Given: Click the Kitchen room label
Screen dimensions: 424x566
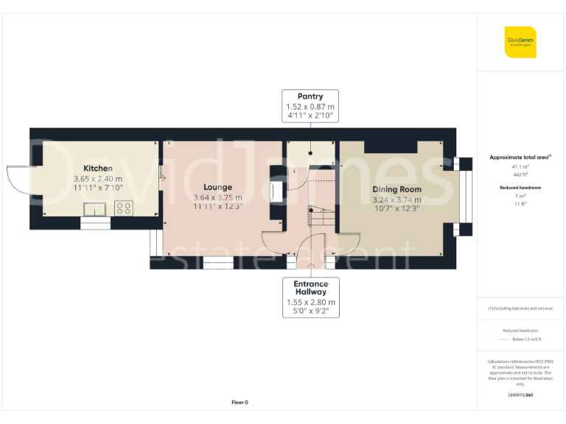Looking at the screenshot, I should [98, 169].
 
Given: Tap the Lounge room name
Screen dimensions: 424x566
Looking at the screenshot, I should [217, 187].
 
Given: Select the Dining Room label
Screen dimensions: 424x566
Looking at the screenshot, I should [396, 189].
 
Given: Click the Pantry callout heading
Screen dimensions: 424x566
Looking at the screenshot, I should [310, 96].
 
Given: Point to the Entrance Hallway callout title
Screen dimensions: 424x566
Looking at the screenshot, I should [310, 288].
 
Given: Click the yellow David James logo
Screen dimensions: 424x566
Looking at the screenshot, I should [520, 42].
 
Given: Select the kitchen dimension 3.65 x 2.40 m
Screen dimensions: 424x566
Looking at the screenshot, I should [98, 179].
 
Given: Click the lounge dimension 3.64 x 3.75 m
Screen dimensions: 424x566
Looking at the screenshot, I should [217, 197].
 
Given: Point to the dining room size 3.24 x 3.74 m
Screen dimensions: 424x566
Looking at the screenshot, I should [396, 199].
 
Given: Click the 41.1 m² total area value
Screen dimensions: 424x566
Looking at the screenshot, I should [520, 167].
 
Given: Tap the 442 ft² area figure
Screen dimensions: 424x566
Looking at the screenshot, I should [520, 174].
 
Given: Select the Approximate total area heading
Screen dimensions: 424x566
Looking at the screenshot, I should [520, 158].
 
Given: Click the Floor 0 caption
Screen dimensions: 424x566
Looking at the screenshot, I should [240, 402].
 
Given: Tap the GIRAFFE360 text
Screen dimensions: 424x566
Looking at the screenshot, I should [520, 395].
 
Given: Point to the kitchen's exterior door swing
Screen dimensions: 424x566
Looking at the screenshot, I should [19, 181].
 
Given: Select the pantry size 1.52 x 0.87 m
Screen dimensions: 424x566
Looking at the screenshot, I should [310, 107].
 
